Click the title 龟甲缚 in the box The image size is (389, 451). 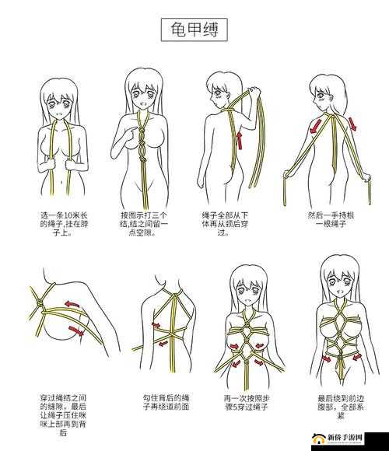tap(194, 30)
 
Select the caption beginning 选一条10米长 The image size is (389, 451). tap(63, 224)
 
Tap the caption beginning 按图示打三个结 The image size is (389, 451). tap(143, 224)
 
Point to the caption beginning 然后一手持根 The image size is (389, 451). tap(331, 219)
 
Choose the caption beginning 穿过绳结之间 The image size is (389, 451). tap(63, 415)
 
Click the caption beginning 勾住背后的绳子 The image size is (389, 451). tap(166, 402)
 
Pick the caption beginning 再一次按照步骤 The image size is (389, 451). tap(247, 402)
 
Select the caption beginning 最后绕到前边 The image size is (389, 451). tap(341, 407)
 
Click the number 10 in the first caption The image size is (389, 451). tap(68, 215)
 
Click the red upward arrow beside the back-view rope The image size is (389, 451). tap(240, 140)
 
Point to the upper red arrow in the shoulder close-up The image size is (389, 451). tap(72, 304)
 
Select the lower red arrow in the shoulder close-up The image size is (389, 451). tap(76, 330)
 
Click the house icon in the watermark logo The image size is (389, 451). tap(318, 439)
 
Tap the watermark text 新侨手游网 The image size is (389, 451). tap(344, 438)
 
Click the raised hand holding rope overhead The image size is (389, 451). tap(254, 93)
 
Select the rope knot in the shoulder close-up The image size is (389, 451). tap(40, 302)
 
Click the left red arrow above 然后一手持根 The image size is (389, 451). tap(316, 126)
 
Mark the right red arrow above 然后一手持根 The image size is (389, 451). tap(352, 124)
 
